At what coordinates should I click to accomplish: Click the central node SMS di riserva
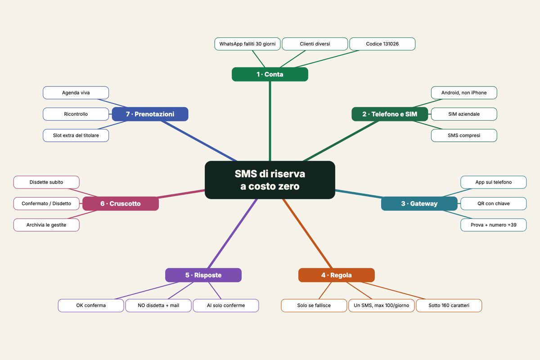coord(270,180)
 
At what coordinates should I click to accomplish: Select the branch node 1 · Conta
coord(270,74)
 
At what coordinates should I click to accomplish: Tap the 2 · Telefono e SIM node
coord(390,114)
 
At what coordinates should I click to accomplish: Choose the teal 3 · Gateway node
coord(419,203)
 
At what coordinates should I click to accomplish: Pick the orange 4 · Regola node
coord(336,275)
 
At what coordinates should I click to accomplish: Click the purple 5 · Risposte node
coord(203,275)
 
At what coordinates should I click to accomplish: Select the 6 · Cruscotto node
coord(121,203)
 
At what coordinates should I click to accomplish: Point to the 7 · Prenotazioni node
coord(150,114)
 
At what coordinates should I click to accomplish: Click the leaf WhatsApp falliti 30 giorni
coord(247,44)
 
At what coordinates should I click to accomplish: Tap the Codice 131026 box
coord(382,44)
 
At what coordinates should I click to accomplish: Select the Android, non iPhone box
coord(464,93)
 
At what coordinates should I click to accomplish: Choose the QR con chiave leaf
coord(494,203)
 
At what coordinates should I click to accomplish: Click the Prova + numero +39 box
coord(494,225)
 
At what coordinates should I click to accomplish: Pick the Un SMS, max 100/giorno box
coord(382,306)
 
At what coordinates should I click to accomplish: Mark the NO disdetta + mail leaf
coord(158,306)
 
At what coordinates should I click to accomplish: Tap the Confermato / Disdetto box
coord(46,203)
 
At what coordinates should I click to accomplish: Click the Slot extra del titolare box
coord(76,135)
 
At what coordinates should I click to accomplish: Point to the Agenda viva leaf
coord(76,93)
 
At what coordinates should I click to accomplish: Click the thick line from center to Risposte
coord(233,234)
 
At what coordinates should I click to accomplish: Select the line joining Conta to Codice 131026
coord(327,59)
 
